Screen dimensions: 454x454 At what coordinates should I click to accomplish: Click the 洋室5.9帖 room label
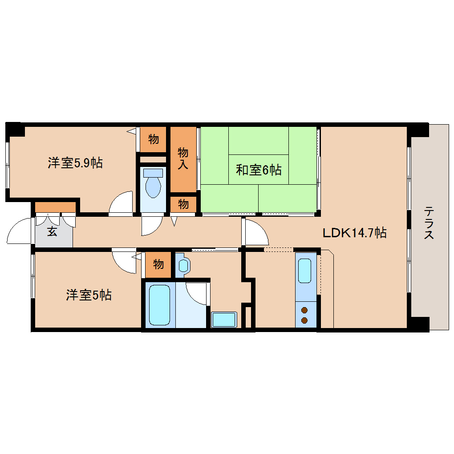pos(75,163)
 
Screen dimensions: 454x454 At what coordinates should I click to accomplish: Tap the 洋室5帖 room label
pos(89,295)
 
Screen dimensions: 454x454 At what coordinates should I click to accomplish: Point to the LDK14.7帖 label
pos(354,232)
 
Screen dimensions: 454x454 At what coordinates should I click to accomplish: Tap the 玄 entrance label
pos(52,231)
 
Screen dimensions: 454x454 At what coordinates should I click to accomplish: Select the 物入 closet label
pos(183,158)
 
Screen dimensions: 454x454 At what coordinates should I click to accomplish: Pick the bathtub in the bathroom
pos(159,305)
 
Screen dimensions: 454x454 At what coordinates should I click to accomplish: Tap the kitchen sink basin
pos(305,270)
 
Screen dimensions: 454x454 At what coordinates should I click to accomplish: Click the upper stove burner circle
pos(305,310)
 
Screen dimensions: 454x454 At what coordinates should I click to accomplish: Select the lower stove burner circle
pos(305,320)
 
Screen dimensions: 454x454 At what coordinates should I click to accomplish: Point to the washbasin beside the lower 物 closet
pos(183,265)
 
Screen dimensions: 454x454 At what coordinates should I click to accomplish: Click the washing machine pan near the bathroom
pos(224,320)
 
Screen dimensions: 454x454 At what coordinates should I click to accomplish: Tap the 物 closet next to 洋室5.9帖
pos(154,139)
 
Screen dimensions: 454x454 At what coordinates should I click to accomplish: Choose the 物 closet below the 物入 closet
pos(183,204)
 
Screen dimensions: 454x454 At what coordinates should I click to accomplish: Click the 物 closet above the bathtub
pos(158,264)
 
